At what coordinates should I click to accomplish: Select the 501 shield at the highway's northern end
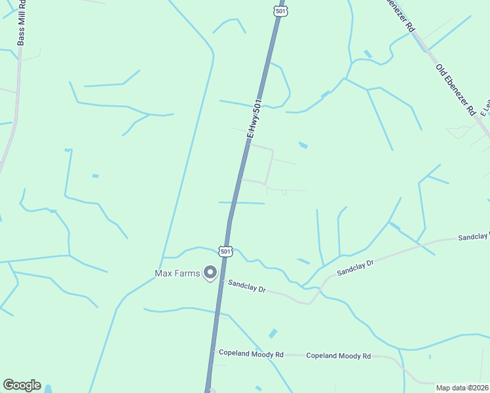pyautogui.click(x=280, y=11)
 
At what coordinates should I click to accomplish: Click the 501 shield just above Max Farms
pyautogui.click(x=225, y=251)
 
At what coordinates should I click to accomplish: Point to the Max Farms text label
pyautogui.click(x=176, y=272)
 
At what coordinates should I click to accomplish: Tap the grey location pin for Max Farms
pyautogui.click(x=210, y=272)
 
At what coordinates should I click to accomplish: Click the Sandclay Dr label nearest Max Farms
pyautogui.click(x=246, y=287)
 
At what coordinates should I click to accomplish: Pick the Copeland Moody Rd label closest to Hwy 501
pyautogui.click(x=251, y=354)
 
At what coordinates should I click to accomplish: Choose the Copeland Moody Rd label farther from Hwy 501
pyautogui.click(x=339, y=356)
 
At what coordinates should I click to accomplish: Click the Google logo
pyautogui.click(x=22, y=385)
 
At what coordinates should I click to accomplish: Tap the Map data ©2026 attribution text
pyautogui.click(x=462, y=388)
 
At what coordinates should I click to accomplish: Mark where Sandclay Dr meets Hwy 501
pyautogui.click(x=223, y=280)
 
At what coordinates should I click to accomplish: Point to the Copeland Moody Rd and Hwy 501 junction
pyautogui.click(x=213, y=354)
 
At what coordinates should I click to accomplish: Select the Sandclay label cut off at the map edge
pyautogui.click(x=473, y=237)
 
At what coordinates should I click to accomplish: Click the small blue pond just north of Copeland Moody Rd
pyautogui.click(x=273, y=333)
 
